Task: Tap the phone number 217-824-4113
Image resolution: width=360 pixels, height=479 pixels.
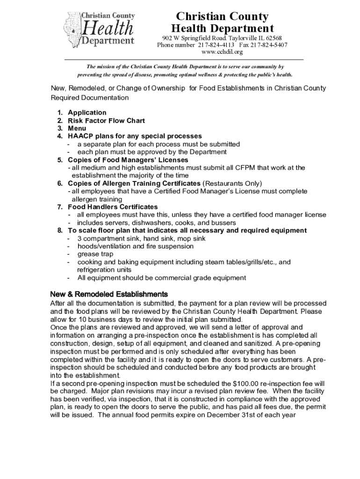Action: (x=215, y=45)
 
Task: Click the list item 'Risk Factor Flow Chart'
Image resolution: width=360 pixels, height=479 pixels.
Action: (x=106, y=121)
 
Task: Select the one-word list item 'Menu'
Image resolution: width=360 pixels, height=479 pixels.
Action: (x=77, y=128)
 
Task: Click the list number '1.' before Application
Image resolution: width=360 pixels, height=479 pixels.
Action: (x=60, y=113)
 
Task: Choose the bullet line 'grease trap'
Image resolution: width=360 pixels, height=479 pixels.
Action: (x=95, y=254)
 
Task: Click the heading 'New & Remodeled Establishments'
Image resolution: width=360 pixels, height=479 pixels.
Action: (x=108, y=295)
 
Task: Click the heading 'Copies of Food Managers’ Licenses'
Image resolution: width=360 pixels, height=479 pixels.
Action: (x=128, y=160)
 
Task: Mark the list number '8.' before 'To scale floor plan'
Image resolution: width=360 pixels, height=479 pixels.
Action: (x=60, y=231)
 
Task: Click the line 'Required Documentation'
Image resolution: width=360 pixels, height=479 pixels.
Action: (x=89, y=98)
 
